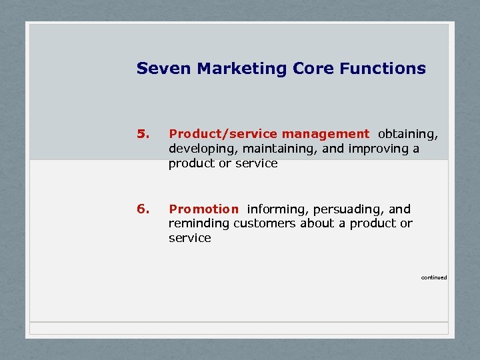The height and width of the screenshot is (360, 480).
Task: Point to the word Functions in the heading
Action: point(383,69)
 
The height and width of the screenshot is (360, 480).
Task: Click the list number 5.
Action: point(141,134)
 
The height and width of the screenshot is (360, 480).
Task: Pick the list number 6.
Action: point(141,209)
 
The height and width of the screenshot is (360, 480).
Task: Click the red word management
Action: point(325,135)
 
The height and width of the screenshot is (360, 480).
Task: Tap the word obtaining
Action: point(408,135)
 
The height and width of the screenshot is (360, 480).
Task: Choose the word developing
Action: point(200,149)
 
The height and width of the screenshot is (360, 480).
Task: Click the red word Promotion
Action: point(203,209)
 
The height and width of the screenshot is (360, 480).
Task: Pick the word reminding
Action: point(199,223)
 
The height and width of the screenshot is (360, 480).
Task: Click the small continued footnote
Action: point(434,277)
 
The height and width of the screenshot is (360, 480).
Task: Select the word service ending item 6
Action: point(189,238)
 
